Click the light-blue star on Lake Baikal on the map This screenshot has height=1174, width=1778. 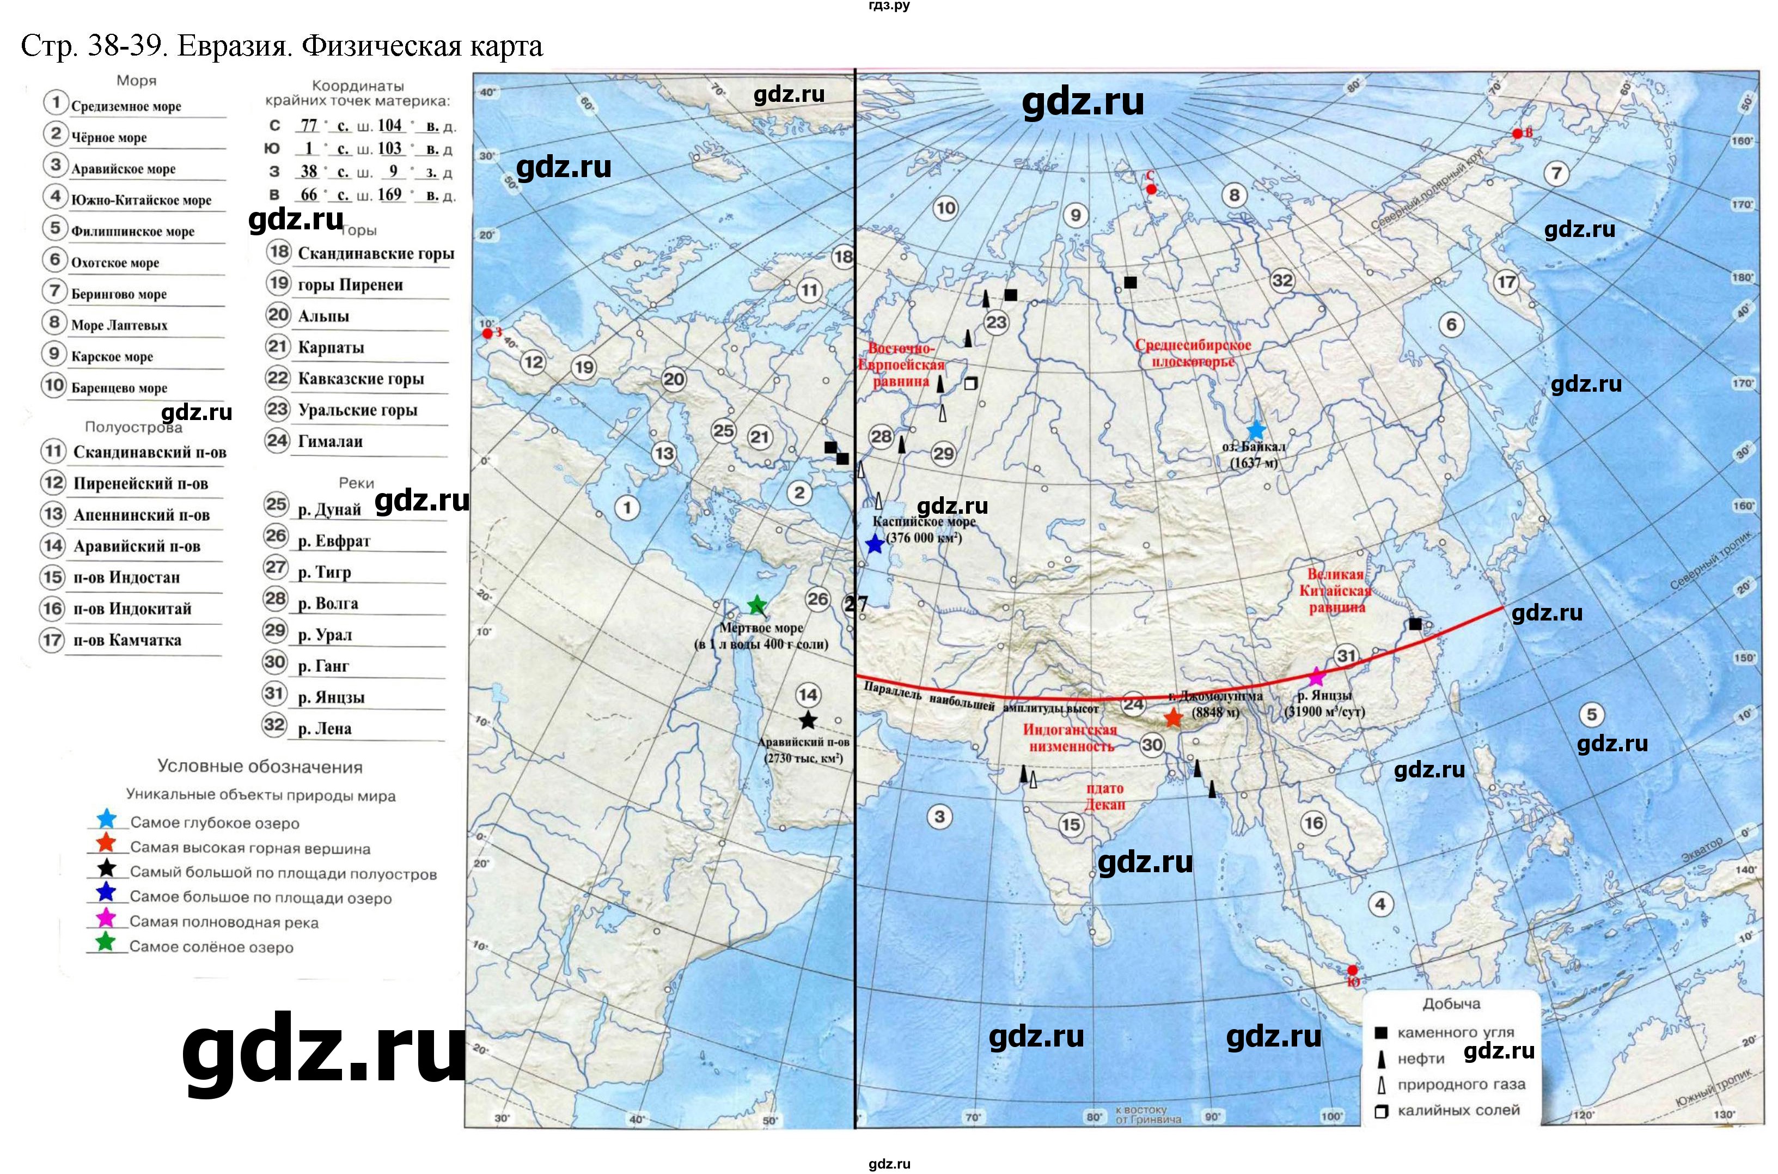point(1256,430)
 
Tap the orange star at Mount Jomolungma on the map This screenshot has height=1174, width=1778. point(1172,718)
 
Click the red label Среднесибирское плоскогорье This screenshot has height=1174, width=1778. point(1193,354)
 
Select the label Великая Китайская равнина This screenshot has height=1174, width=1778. point(1336,591)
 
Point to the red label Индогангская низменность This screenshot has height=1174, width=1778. point(1070,738)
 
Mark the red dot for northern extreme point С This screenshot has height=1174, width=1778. point(1151,190)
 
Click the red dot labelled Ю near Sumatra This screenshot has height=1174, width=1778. point(1352,970)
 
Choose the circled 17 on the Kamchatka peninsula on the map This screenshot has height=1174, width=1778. point(1506,282)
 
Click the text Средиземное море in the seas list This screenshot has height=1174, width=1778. point(126,106)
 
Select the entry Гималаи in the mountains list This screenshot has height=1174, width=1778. point(330,442)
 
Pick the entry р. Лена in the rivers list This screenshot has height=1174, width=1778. point(324,728)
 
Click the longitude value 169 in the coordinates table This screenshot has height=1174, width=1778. point(390,194)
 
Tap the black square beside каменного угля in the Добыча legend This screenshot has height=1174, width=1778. point(1382,1032)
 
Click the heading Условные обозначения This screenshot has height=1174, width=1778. point(260,767)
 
